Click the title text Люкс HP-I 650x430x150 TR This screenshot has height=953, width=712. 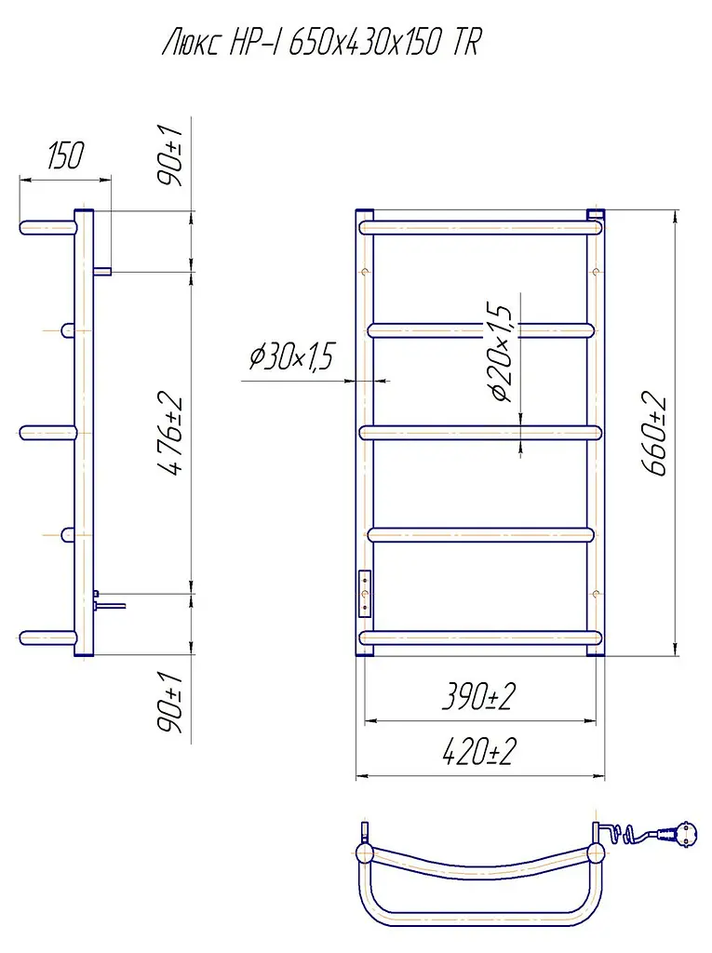coord(321,43)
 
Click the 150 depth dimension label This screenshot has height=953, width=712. coord(66,155)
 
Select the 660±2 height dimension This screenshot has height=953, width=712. coord(653,436)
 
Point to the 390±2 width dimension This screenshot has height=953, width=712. coord(479,696)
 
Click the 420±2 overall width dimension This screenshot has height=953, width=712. coord(479,751)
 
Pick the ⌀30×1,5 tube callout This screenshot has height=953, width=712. coord(292,356)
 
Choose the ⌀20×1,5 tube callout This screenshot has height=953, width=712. coord(503,352)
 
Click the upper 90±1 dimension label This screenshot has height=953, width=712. coord(169,155)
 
